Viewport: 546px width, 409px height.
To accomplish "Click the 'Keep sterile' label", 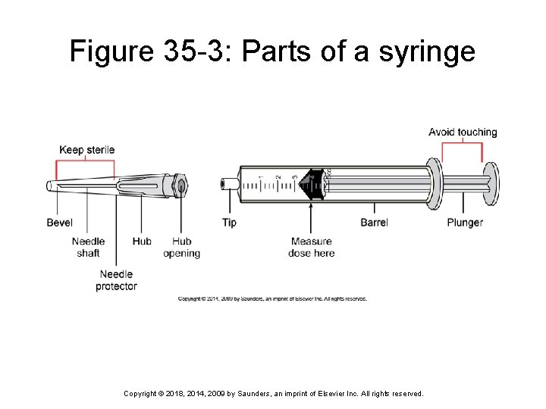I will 86,150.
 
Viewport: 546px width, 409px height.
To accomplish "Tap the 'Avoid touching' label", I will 463,133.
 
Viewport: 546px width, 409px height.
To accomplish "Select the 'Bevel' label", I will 60,223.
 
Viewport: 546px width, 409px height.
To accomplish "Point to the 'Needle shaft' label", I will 88,247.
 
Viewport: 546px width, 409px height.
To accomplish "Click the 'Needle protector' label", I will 116,280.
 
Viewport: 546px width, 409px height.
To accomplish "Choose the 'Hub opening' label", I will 181,247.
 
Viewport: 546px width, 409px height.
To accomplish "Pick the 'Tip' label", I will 229,223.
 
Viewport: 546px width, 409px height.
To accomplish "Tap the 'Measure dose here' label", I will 311,247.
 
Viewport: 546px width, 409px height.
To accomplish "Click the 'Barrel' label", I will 374,223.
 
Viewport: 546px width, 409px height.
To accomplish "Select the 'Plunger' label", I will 464,223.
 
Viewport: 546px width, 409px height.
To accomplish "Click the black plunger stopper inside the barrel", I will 312,185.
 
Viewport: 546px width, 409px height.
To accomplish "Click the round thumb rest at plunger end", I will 492,184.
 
